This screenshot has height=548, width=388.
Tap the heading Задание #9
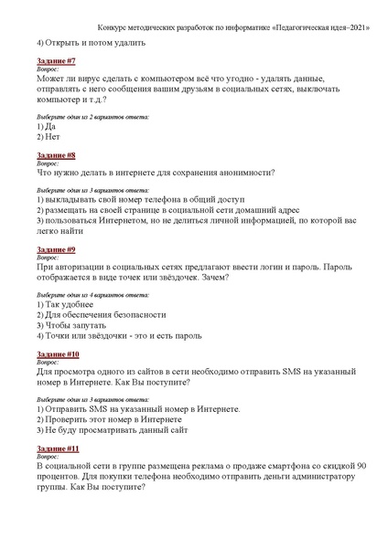click(x=56, y=248)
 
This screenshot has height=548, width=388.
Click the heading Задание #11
click(x=58, y=448)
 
